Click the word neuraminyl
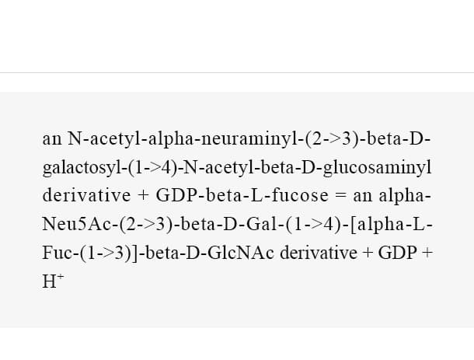pyautogui.click(x=249, y=139)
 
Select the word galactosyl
pyautogui.click(x=82, y=168)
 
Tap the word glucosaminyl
pyautogui.click(x=378, y=168)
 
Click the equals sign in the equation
pyautogui.click(x=340, y=196)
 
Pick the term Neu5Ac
pyautogui.click(x=77, y=225)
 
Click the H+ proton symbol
pyautogui.click(x=53, y=281)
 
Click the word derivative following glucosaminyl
pyautogui.click(x=86, y=195)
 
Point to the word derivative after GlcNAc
pyautogui.click(x=319, y=253)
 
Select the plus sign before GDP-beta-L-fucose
pyautogui.click(x=143, y=196)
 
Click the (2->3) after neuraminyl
pyautogui.click(x=331, y=139)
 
